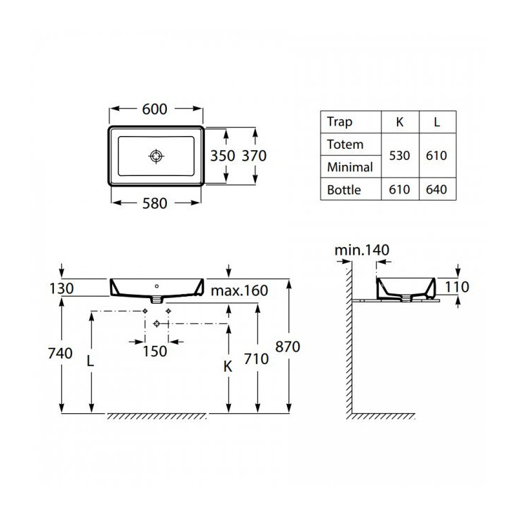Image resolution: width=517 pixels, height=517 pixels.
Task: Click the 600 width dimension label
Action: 154,109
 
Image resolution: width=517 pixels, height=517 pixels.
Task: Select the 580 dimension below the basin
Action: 154,203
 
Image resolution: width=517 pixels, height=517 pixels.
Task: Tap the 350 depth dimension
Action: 223,156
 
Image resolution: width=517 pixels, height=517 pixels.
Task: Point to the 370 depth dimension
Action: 254,156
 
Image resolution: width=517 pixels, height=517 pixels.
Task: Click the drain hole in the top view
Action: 156,156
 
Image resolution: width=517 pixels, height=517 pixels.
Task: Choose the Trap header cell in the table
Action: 340,122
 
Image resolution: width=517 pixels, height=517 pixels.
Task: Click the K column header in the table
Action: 400,122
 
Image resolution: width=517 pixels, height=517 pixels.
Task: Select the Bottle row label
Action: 344,190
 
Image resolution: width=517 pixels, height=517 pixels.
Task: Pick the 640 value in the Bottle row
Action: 436,189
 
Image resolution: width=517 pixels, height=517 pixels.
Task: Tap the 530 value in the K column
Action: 399,156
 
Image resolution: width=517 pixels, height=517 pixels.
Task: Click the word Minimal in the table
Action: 350,167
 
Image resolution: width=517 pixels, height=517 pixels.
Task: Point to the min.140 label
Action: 362,250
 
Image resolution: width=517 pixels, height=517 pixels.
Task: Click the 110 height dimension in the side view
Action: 457,287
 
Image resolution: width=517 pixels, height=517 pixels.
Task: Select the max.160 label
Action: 239,291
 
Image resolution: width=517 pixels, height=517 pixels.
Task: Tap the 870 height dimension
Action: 288,347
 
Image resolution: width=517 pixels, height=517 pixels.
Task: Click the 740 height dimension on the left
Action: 60,354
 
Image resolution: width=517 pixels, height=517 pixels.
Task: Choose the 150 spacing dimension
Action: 154,351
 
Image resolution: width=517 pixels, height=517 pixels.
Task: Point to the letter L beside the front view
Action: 90,361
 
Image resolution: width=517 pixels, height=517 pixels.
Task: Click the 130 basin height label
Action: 61,289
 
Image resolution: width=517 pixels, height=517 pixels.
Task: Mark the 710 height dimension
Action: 257,359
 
